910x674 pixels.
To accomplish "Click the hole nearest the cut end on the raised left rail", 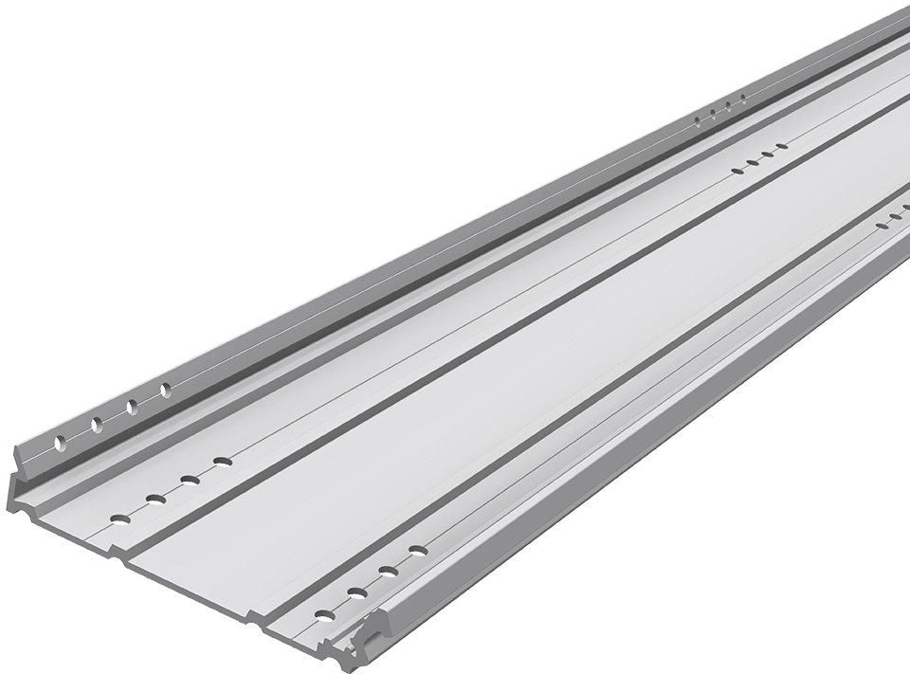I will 60,443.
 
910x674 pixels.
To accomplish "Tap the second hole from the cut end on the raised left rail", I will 96,424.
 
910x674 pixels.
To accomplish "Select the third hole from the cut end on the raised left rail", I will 131,406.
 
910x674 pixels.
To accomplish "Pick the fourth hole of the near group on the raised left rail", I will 165,389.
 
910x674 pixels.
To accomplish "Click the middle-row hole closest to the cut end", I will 119,518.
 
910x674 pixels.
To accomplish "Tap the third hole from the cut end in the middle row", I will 190,479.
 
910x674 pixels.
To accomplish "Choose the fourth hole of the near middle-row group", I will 223,462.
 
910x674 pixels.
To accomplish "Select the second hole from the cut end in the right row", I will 357,592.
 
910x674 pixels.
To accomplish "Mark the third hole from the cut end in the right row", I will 388,571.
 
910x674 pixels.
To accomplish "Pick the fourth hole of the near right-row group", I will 417,550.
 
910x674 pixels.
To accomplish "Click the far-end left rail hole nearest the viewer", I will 700,119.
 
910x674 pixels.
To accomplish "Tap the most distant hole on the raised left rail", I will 743,98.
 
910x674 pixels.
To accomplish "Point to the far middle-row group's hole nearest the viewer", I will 737,170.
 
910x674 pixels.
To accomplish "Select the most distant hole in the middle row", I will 782,147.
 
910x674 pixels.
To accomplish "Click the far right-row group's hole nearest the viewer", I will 881,228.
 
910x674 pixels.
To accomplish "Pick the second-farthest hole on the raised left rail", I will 729,104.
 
